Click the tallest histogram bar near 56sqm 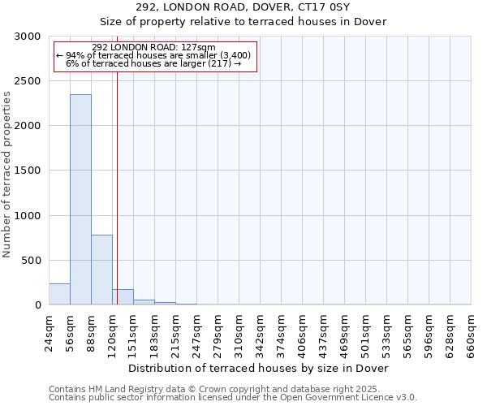point(80,199)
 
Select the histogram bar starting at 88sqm point(101,270)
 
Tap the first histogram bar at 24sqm point(59,294)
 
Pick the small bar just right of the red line point(123,297)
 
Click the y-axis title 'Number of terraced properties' point(7,174)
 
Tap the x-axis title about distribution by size point(259,369)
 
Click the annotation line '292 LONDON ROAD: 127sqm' point(153,47)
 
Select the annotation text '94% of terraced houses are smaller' point(153,55)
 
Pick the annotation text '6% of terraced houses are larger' point(153,63)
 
